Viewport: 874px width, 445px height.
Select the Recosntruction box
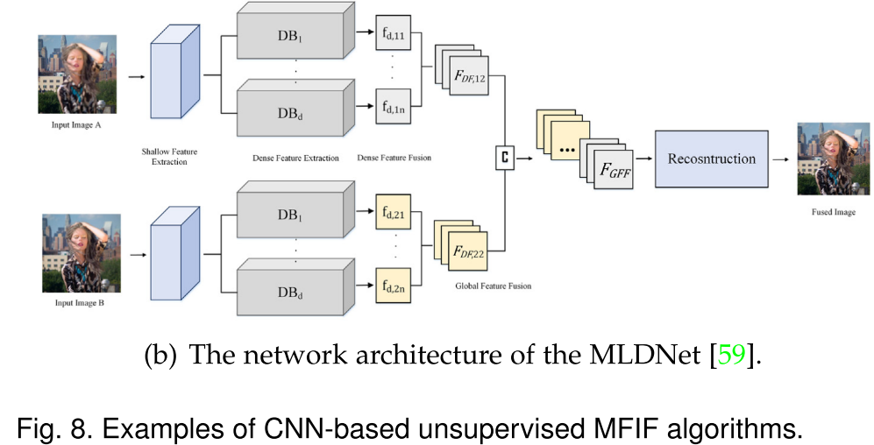click(711, 159)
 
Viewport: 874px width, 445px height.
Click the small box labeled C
click(504, 159)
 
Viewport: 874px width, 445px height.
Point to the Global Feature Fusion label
click(493, 286)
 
